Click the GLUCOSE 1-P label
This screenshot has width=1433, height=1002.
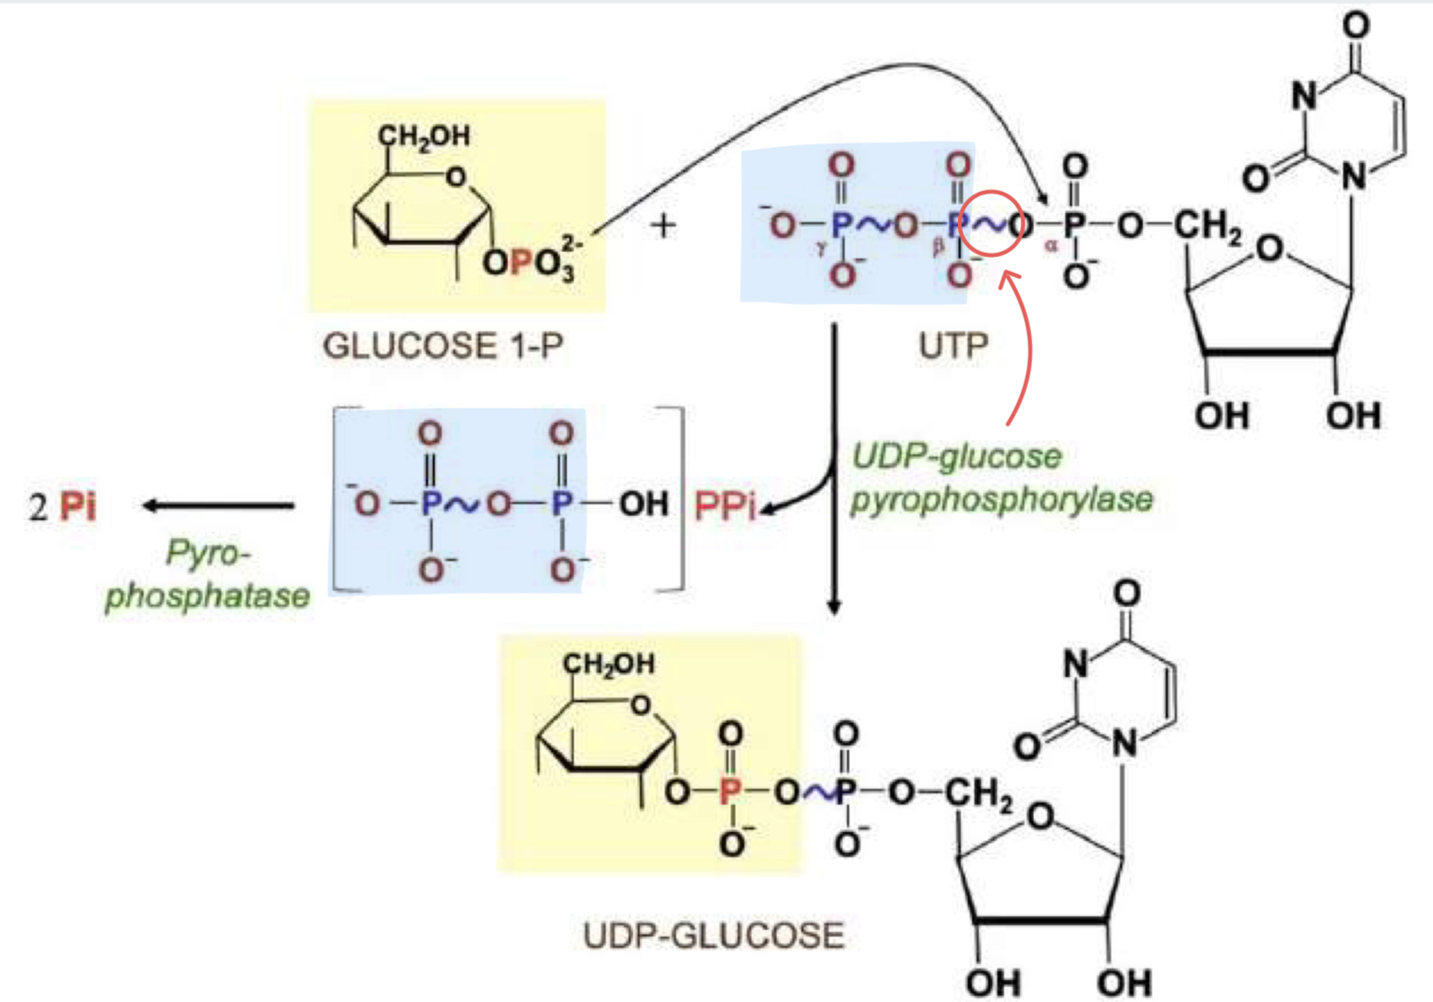[x=442, y=347]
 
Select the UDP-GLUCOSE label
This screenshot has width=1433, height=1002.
[x=714, y=936]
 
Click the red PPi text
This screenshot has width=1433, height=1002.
[x=725, y=506]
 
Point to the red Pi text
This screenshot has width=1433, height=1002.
[x=78, y=506]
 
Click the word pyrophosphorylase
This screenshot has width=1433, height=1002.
[x=1001, y=499]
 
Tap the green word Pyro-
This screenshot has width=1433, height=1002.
[x=208, y=554]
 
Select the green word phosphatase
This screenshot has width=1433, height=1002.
[x=207, y=595]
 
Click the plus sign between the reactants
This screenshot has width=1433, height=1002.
[x=664, y=226]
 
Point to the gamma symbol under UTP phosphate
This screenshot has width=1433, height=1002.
[x=820, y=249]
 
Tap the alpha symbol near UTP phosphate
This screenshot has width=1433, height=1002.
[x=1051, y=246]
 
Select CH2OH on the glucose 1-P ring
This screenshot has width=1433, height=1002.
[x=424, y=135]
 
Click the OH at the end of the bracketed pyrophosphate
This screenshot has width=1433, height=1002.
[x=643, y=504]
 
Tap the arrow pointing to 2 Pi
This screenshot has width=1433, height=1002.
[x=218, y=506]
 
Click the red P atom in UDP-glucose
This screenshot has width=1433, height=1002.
[x=730, y=791]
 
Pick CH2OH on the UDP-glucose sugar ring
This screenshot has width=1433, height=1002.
[x=609, y=664]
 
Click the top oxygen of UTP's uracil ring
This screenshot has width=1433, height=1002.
[x=1355, y=25]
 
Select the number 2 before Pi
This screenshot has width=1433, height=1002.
[x=38, y=506]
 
